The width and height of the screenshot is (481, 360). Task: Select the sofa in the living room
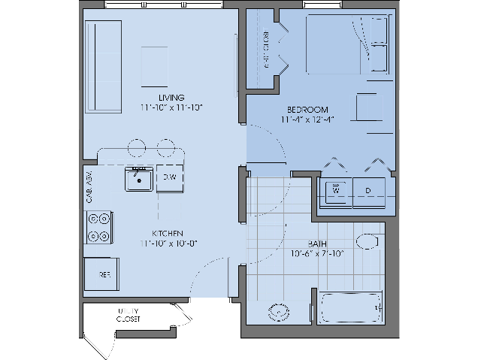click(103, 56)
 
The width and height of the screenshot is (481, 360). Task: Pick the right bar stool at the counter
click(165, 147)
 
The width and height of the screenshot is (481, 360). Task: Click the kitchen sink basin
click(138, 180)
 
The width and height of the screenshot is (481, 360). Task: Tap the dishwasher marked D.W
click(170, 177)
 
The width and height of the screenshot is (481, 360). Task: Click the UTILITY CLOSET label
click(128, 315)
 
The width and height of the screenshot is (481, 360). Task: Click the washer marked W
click(335, 192)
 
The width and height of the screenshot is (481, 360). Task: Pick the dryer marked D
click(368, 192)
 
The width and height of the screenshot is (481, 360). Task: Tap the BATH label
click(316, 244)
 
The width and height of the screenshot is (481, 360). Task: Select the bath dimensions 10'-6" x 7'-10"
click(316, 254)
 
